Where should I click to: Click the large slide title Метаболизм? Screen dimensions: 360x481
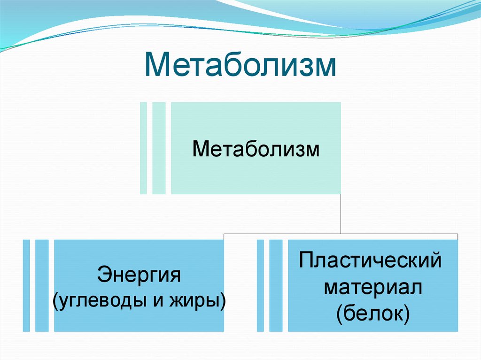[x=240, y=66]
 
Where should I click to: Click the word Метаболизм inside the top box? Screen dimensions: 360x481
[x=256, y=151]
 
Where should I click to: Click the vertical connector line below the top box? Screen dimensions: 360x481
[x=341, y=214]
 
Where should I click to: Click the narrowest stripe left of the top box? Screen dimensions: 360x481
[x=143, y=148]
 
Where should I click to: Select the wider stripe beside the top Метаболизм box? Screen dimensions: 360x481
[x=159, y=148]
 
